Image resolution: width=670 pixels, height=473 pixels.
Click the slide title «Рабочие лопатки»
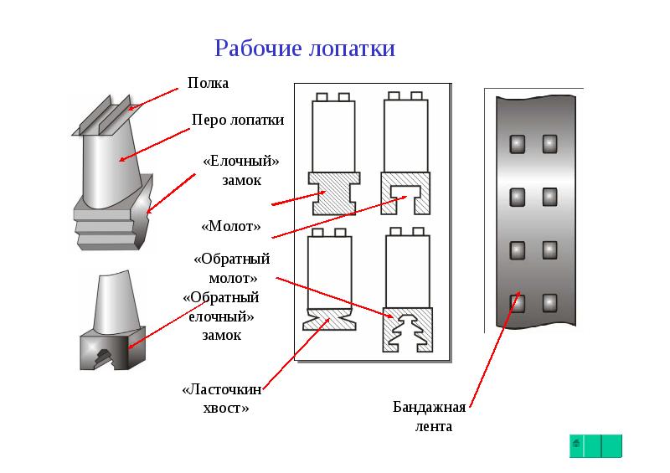coord(305,48)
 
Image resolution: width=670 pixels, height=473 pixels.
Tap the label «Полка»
coord(208,84)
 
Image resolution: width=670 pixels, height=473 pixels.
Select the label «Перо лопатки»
coord(238,120)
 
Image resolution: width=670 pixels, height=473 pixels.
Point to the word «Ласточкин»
coord(223,390)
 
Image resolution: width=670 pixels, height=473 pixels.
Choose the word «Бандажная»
coord(429,409)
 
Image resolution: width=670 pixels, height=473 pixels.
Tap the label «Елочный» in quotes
coord(241,160)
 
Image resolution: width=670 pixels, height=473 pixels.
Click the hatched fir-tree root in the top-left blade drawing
coord(333,193)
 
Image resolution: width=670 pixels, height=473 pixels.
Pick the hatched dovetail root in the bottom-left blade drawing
coord(330,318)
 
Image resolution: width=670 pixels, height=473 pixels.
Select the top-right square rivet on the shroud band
coord(549,145)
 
